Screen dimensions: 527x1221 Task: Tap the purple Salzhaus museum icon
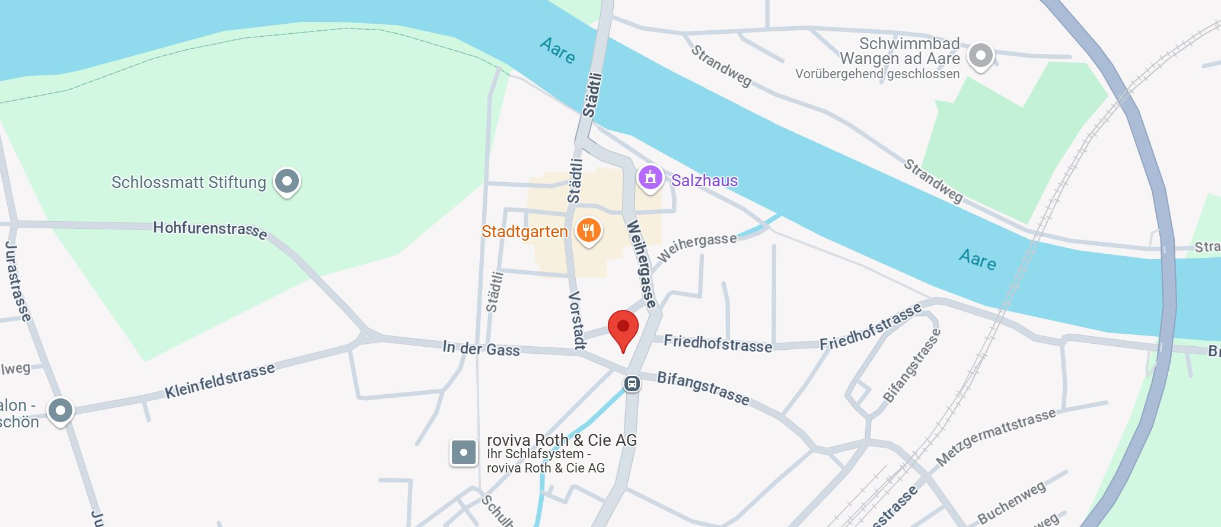pyautogui.click(x=650, y=177)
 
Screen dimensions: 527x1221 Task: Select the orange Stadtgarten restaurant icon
pyautogui.click(x=588, y=230)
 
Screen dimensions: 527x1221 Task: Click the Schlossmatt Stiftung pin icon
pyautogui.click(x=287, y=180)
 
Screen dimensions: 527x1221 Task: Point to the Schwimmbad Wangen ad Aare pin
pyautogui.click(x=980, y=56)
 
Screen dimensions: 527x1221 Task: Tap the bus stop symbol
pyautogui.click(x=632, y=384)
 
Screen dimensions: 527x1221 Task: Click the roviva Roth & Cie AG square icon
pyautogui.click(x=463, y=453)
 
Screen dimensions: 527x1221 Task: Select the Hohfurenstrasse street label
pyautogui.click(x=209, y=229)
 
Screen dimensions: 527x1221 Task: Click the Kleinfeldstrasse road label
pyautogui.click(x=219, y=381)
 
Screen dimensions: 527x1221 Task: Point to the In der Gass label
pyautogui.click(x=481, y=349)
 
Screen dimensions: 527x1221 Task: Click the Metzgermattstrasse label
pyautogui.click(x=996, y=436)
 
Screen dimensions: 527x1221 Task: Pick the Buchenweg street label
pyautogui.click(x=1011, y=503)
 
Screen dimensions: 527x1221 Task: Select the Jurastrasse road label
pyautogui.click(x=17, y=282)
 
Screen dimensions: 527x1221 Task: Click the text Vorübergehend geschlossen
pyautogui.click(x=877, y=74)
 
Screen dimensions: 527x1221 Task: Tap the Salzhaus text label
pyautogui.click(x=704, y=180)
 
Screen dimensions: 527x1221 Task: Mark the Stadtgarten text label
pyautogui.click(x=524, y=231)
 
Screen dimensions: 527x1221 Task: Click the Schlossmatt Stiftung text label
pyautogui.click(x=189, y=182)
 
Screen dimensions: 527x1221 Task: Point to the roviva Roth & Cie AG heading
pyautogui.click(x=562, y=440)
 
